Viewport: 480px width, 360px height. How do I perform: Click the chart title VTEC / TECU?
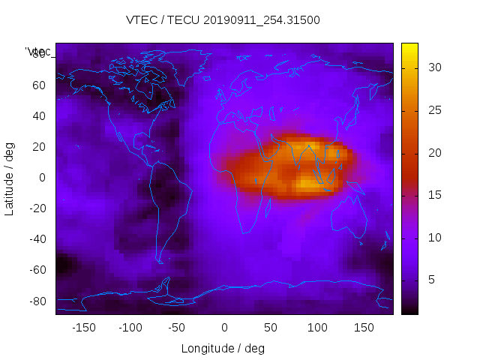pos(223,20)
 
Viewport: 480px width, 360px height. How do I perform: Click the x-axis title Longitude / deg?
pos(223,348)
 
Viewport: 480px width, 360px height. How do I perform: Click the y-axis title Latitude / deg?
pos(10,178)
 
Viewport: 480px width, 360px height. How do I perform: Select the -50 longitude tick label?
pos(177,327)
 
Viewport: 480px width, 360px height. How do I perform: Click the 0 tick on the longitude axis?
pos(224,327)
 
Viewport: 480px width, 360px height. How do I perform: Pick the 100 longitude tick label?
pos(317,327)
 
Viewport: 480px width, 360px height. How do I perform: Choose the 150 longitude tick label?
pos(364,327)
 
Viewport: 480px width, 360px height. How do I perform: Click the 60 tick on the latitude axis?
pos(37,85)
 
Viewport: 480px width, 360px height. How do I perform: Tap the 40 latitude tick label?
pos(37,115)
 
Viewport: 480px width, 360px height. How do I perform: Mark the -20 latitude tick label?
pos(35,208)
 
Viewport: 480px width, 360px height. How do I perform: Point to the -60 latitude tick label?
pos(35,270)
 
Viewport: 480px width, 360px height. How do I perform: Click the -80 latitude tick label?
pos(35,301)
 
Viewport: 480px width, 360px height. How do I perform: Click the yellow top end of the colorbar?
pos(409,46)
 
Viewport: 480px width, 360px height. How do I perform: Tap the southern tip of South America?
pos(160,261)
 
